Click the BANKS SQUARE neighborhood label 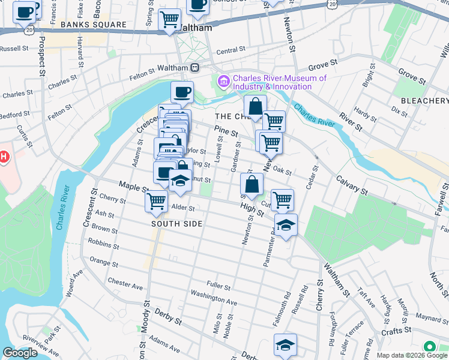point(93,25)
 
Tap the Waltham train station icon point(194,69)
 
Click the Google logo point(20,353)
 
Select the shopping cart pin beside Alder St point(156,200)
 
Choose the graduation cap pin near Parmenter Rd point(286,225)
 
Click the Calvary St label point(351,183)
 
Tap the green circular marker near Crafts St point(430,347)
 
